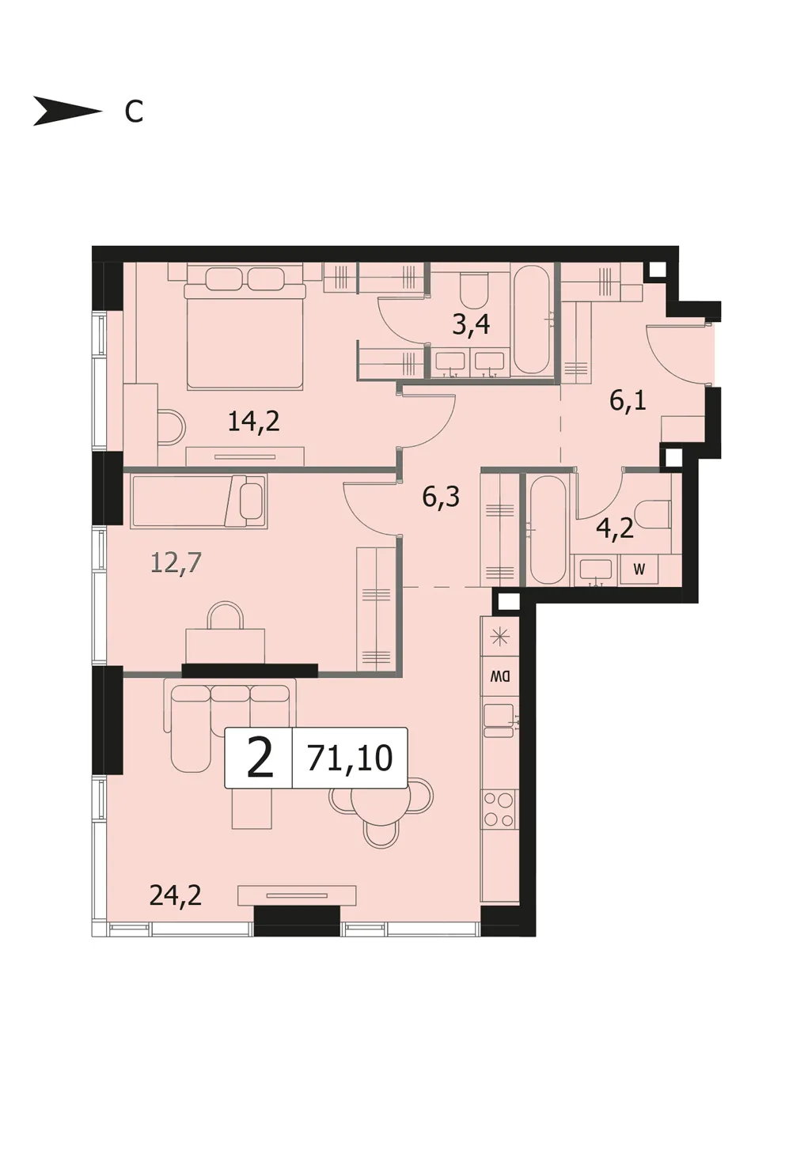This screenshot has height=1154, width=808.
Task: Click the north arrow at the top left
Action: point(67,111)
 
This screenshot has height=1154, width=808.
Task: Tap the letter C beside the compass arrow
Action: point(134,112)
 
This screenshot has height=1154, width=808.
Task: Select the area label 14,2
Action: point(253,422)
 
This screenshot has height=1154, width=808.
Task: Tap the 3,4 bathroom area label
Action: point(470,324)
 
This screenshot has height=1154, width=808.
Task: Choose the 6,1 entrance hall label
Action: point(628,400)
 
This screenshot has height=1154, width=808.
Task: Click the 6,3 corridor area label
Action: point(441,497)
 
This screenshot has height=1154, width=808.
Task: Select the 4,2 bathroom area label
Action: point(614,528)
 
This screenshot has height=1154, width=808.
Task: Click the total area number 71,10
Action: point(350,759)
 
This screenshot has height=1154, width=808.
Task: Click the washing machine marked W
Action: point(639,569)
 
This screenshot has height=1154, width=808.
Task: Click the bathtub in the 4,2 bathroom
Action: point(548,530)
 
